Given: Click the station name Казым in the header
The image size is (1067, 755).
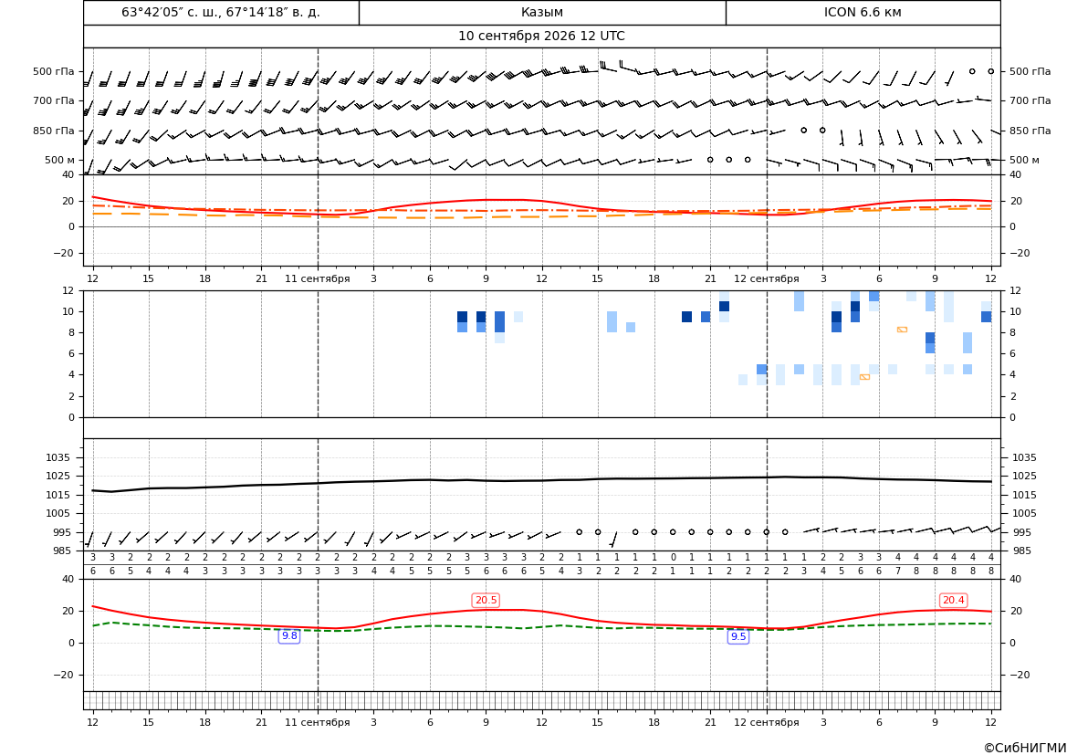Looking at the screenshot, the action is click(542, 12).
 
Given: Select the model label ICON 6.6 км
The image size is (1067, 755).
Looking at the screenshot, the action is click(863, 12).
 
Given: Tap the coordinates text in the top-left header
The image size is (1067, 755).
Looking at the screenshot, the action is click(221, 12).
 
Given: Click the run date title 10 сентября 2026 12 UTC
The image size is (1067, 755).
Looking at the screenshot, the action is click(541, 37).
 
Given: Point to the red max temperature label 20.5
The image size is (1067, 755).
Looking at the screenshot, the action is click(486, 600).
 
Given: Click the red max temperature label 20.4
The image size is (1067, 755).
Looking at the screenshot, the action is click(953, 600).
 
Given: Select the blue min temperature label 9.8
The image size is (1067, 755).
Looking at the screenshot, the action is click(289, 635).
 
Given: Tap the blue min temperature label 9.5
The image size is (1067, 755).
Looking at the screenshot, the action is click(738, 636).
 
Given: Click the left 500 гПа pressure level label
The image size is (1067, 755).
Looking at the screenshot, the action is click(54, 71).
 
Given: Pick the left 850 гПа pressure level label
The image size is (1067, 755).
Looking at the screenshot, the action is click(54, 131).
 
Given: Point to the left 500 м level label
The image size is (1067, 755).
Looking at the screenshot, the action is click(60, 160).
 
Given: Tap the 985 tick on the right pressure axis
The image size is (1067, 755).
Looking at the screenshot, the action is click(1021, 551).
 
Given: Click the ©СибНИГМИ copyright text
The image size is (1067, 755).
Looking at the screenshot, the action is click(1025, 748).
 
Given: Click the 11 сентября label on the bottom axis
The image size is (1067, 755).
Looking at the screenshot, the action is click(317, 721).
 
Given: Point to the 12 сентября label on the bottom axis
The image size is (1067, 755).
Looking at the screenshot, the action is click(766, 721).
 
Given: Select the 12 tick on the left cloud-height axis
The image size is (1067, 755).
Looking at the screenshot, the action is click(68, 290).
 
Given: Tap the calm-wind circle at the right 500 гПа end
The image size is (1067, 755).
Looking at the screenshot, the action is click(991, 71).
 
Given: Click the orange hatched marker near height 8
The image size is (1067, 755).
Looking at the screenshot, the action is click(902, 330).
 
